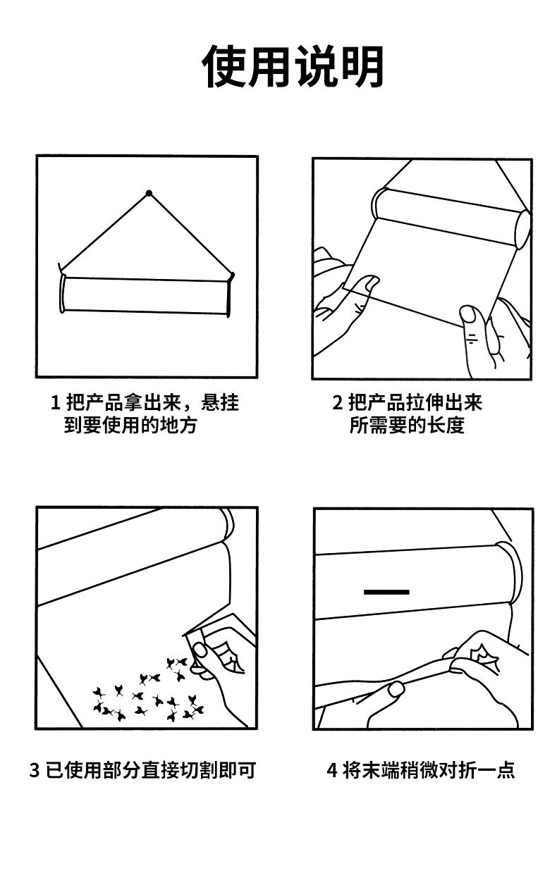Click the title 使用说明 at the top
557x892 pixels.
coord(293,68)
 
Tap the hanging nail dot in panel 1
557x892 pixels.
coord(149,192)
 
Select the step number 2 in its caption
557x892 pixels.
coord(337,404)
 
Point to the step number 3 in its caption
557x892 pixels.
coord(35,770)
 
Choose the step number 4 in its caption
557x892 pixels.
coord(332,770)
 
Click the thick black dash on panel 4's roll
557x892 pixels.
coord(386,591)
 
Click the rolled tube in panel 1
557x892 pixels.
coord(147,295)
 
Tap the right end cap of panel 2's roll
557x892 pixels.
coord(523,228)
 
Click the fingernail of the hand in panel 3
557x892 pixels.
coord(200,650)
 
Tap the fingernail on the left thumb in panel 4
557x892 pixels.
coord(396,688)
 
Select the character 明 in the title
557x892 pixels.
coord(361,68)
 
